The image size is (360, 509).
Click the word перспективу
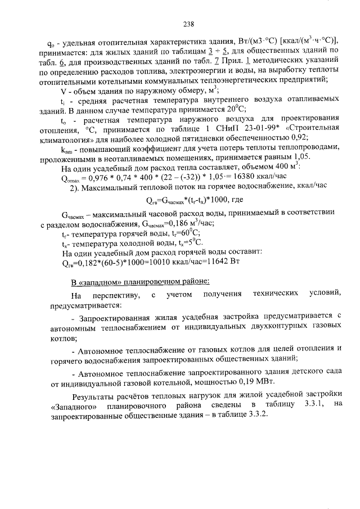116,295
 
